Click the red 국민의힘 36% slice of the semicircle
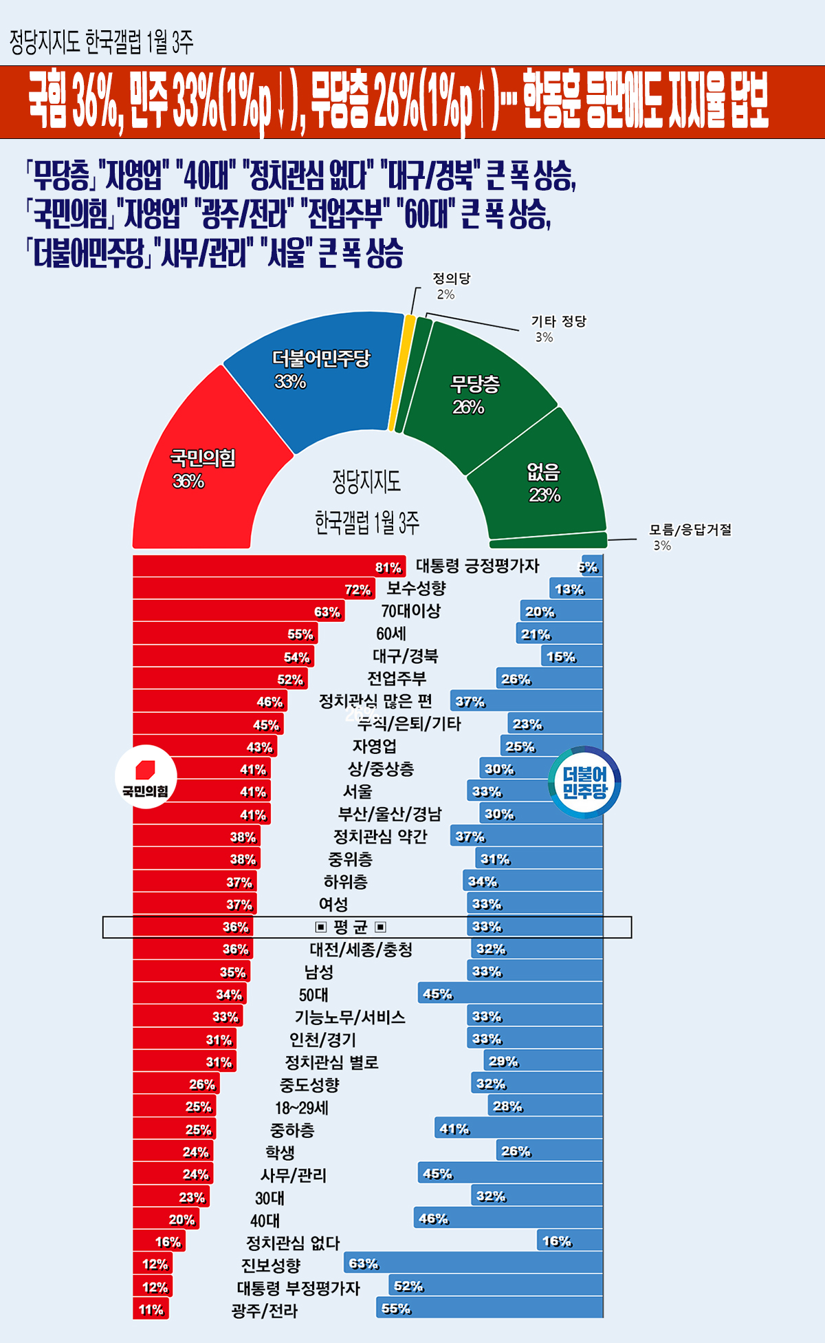coord(206,468)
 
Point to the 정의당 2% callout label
coord(451,286)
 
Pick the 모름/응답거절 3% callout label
coord(690,537)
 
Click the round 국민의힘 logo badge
coord(146,777)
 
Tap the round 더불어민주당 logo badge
coord(585,782)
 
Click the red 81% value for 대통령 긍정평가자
coord(388,568)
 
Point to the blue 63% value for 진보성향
coord(363,1264)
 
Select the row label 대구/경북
coord(405,656)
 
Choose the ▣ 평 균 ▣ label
coord(351,927)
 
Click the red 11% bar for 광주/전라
coord(151,1309)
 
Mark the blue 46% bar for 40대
coord(508,1218)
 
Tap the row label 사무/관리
coord(294,1175)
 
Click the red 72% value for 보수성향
coord(357,590)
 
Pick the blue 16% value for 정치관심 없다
coord(556,1241)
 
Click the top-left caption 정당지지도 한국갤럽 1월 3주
coord(101,43)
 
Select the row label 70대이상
coord(410,611)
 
